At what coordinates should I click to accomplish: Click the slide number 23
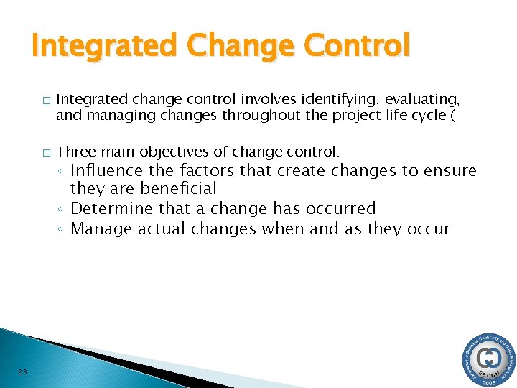click(23, 371)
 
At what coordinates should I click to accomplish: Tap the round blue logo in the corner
click(490, 359)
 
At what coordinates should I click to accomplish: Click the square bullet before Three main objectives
click(46, 152)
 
